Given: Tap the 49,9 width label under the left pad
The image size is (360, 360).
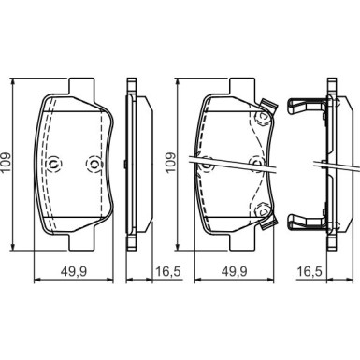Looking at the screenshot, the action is (74, 271).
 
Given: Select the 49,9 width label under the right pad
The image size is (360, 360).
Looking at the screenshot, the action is (234, 271).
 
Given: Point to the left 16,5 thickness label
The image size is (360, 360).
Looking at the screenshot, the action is (167, 271).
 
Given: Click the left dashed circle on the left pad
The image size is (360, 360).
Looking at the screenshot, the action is (54, 164).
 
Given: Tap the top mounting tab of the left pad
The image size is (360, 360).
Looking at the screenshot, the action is (81, 86).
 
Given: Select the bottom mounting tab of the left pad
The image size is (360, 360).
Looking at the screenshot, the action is (81, 241).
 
